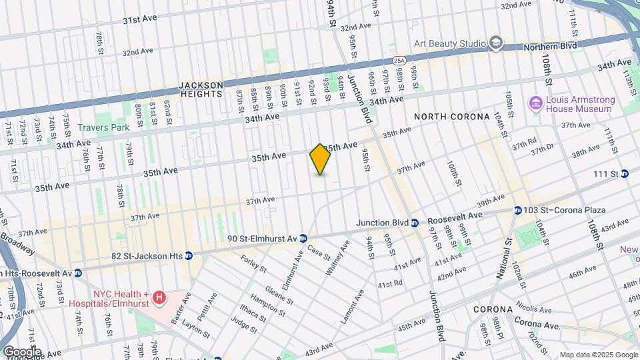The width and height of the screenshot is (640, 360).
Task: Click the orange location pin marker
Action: tap(320, 159)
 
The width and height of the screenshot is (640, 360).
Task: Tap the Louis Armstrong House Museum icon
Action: tap(535, 103)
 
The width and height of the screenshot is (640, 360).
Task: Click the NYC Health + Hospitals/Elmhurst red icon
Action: tap(159, 297)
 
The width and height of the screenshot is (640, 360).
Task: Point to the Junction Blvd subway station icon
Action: tap(414, 223)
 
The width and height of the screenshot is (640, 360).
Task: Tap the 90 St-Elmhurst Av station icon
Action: tap(303, 238)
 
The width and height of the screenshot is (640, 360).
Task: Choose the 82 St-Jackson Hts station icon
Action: tap(189, 255)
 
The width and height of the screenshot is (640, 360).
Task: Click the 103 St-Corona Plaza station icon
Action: tap(517, 210)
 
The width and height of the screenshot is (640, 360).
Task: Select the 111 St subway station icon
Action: tap(625, 174)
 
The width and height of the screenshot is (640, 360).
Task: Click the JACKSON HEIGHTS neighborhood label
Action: tap(201, 89)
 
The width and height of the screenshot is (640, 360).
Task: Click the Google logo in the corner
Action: tap(21, 352)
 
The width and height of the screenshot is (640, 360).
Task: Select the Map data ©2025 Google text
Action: tap(598, 355)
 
